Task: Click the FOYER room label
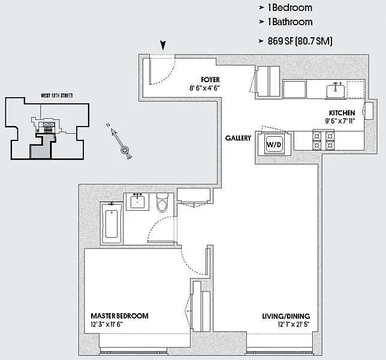210,80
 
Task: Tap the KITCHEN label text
342,113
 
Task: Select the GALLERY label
238,138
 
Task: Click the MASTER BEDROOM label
119,316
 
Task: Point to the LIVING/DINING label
286,316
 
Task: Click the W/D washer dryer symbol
275,144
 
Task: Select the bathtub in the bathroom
111,223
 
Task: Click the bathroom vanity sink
137,202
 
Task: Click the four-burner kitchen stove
324,140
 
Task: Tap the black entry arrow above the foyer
163,45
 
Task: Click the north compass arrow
119,140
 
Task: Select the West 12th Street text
57,95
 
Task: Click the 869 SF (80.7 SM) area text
300,41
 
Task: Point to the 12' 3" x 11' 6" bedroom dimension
107,324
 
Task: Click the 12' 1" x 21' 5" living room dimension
294,324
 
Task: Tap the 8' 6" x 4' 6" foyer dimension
204,88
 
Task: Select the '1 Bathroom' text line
290,22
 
